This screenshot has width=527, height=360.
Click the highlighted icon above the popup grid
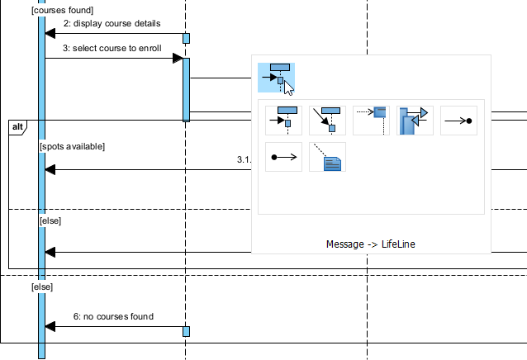pos(277,77)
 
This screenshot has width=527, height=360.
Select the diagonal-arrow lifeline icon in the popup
pos(327,120)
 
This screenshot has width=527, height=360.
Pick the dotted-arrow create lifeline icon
pos(371,120)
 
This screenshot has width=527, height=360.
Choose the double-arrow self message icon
pos(415,120)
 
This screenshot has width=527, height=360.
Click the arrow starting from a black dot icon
pos(283,155)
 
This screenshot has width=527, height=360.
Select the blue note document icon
pos(327,156)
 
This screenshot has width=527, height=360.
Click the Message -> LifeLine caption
pos(371,244)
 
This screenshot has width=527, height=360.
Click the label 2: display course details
pos(112,23)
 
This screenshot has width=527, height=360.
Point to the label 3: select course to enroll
pos(112,48)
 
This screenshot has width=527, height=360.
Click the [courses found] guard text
pos(56,9)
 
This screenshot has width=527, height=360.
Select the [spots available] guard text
pos(72,146)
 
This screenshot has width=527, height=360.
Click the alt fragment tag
pos(18,126)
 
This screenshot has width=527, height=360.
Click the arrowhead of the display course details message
pos(50,34)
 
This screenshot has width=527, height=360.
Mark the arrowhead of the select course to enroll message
pos(178,59)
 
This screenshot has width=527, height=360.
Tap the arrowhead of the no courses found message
pos(50,327)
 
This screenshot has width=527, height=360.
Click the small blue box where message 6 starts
pos(186,331)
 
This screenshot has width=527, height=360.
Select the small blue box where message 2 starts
pos(186,38)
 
